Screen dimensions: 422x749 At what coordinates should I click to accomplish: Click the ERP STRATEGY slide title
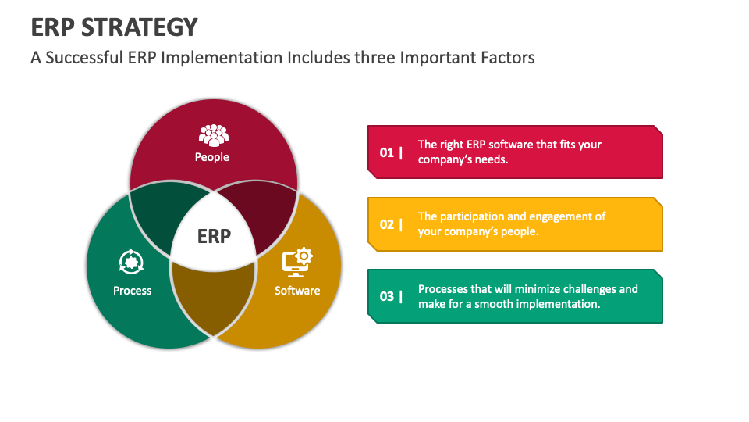(x=114, y=27)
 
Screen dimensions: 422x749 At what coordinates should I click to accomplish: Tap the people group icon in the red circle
(x=213, y=135)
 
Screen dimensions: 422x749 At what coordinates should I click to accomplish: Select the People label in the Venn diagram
(x=212, y=157)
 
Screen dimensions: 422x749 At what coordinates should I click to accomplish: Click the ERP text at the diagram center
(x=214, y=235)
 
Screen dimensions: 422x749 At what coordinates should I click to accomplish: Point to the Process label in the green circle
(x=132, y=291)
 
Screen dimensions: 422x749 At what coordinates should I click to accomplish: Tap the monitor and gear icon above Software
(x=296, y=262)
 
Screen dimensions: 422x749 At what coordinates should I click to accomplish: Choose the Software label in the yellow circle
(x=297, y=291)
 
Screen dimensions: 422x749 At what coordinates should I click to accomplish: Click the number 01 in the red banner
(x=387, y=152)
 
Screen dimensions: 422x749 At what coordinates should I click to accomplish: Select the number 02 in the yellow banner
(x=387, y=224)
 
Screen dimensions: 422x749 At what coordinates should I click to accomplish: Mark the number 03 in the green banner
(x=387, y=296)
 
